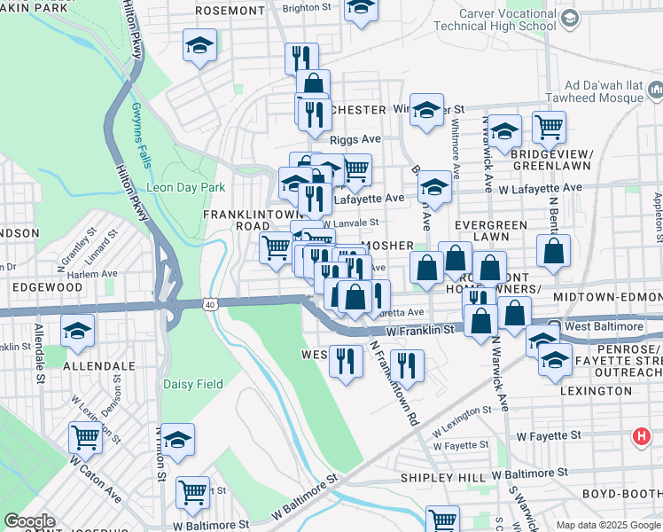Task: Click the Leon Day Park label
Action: (186, 187)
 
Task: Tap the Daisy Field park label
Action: (192, 384)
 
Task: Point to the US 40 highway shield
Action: (209, 305)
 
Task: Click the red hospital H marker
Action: (641, 436)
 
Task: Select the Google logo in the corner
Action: (29, 521)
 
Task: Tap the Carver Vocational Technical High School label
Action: (496, 25)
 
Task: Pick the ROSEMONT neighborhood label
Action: (230, 12)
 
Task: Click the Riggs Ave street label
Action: (355, 140)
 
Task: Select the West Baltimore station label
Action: (603, 327)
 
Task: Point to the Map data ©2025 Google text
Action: (608, 525)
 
